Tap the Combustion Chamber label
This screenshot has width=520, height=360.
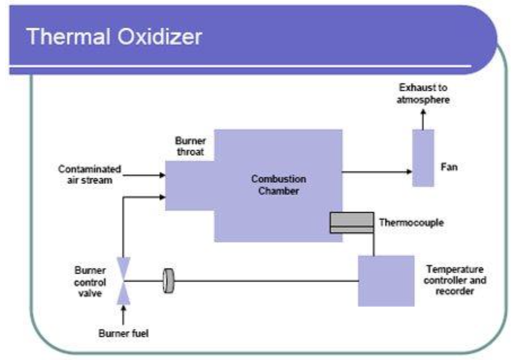coord(279,185)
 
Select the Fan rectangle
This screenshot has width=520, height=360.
coord(423,157)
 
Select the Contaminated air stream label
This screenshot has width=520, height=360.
coord(90,174)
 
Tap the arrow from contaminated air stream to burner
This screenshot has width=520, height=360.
coord(144,175)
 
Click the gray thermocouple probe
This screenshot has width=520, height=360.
coord(351,222)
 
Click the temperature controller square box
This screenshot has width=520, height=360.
coord(386,280)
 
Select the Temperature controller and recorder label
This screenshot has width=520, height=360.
coord(456,280)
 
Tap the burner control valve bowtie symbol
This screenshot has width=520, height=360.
coord(123,280)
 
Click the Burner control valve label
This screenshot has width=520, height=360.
coord(90,281)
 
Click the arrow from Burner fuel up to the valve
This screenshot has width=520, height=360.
coord(123,314)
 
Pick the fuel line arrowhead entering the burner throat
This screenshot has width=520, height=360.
coord(162,197)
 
